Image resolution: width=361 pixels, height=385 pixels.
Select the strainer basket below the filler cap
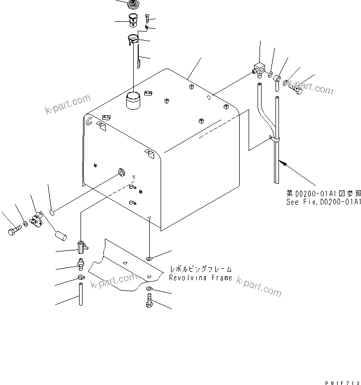click(133, 21)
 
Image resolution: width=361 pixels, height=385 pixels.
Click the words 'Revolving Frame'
click(200, 278)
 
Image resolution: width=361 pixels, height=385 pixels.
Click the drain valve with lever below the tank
click(82, 245)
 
